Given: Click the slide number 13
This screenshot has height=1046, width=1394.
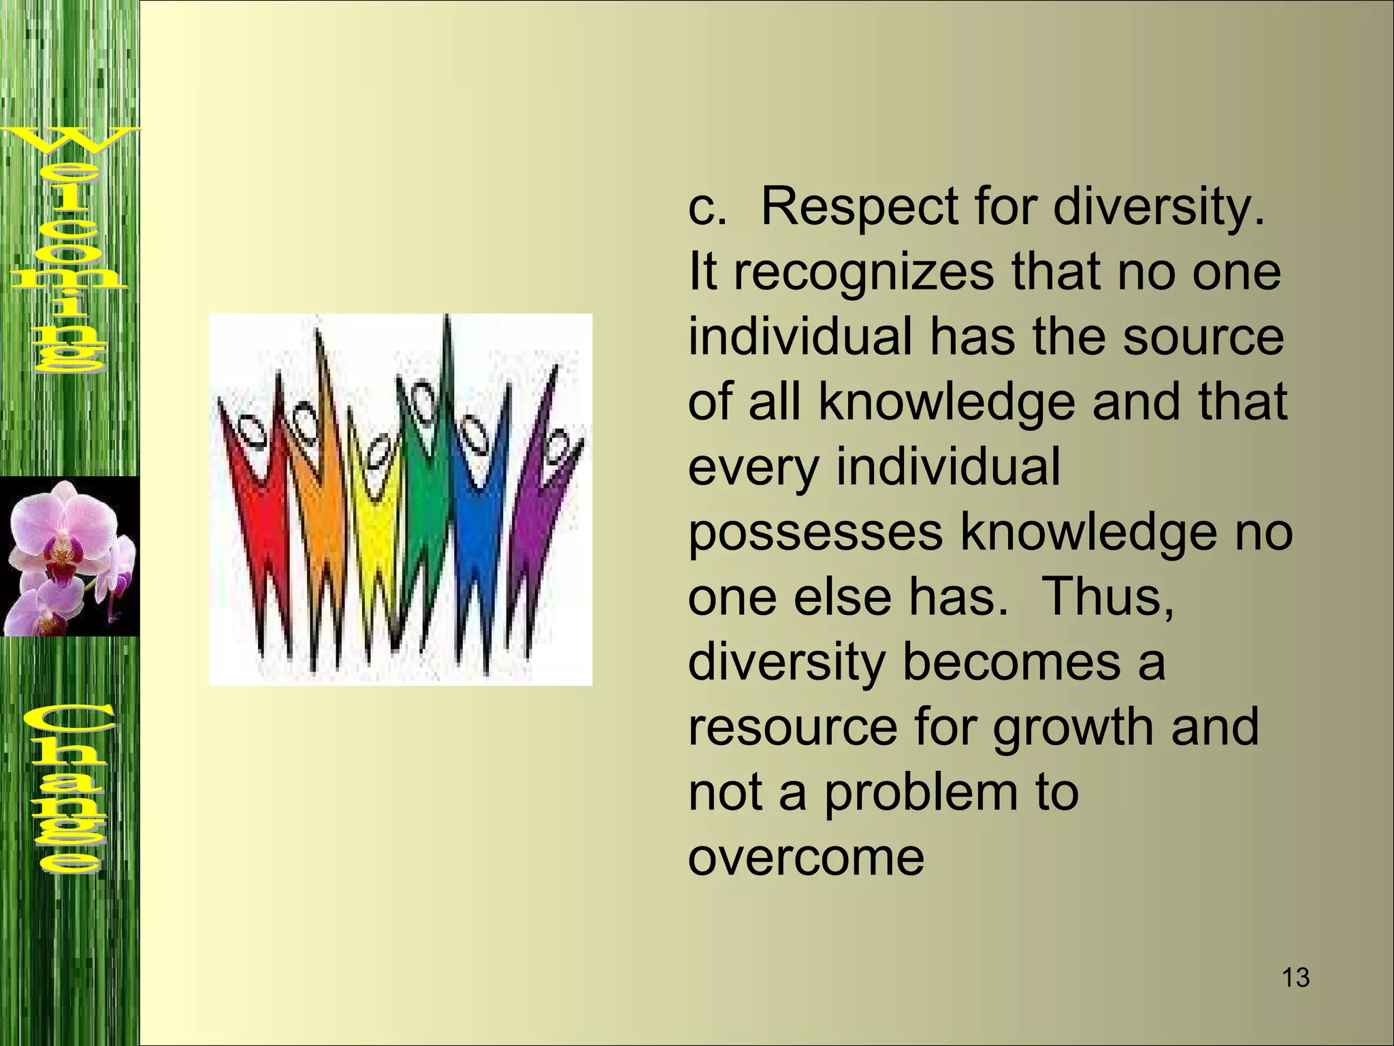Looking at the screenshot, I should (1295, 978).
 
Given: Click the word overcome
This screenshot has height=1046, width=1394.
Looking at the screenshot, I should (806, 857).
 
